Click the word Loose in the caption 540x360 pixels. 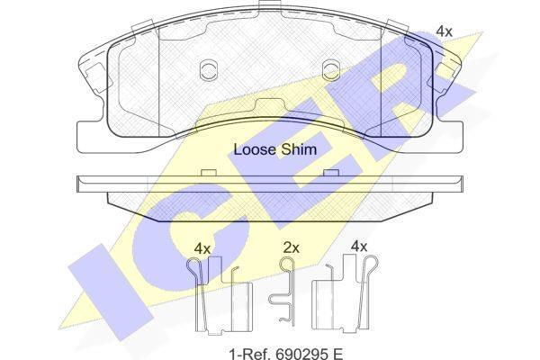(x=256, y=149)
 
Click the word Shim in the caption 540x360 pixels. (x=299, y=149)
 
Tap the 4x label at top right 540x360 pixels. (x=444, y=31)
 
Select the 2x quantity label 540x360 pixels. (x=292, y=247)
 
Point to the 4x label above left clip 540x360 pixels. (x=202, y=248)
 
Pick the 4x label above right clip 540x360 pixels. (x=359, y=247)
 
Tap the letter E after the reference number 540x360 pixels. (x=337, y=354)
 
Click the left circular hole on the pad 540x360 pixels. (x=209, y=70)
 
